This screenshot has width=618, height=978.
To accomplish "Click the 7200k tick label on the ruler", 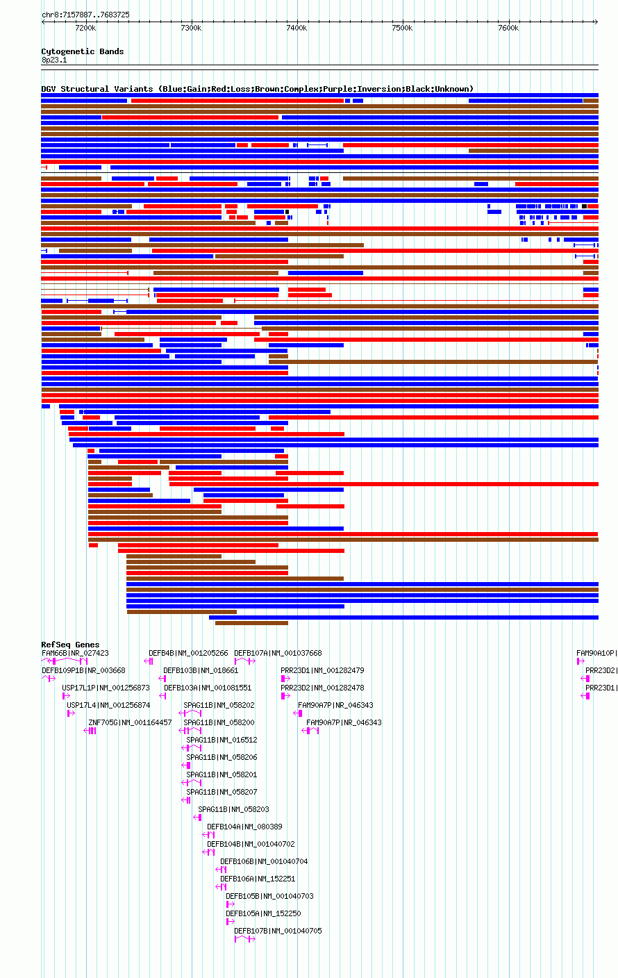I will [85, 28].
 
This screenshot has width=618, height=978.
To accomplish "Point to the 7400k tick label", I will [297, 28].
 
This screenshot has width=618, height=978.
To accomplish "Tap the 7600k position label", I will [508, 28].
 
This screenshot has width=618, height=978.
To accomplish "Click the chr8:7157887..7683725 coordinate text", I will [85, 15].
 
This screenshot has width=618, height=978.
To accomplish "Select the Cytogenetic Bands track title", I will [82, 51].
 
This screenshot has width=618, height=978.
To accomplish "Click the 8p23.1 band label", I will [54, 60].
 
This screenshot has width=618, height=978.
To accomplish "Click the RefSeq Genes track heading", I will [70, 645].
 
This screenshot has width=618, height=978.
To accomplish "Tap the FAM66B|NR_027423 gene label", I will [75, 653].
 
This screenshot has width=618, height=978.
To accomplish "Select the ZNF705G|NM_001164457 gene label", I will [130, 722].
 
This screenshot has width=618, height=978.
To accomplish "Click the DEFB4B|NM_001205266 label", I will [188, 653].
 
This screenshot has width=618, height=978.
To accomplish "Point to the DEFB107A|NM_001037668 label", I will [278, 653].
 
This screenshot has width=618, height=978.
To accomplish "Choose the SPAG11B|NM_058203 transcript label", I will [233, 809].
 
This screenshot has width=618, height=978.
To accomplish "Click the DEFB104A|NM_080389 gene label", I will [244, 827].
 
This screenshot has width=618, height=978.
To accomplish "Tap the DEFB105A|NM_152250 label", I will [263, 913].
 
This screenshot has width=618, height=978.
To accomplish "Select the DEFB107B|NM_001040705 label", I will [278, 931].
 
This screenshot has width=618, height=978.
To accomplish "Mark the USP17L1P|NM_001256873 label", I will [106, 688].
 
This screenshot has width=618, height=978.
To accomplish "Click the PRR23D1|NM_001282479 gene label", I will [322, 670].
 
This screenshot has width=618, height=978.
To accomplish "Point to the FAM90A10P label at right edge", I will [596, 653].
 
